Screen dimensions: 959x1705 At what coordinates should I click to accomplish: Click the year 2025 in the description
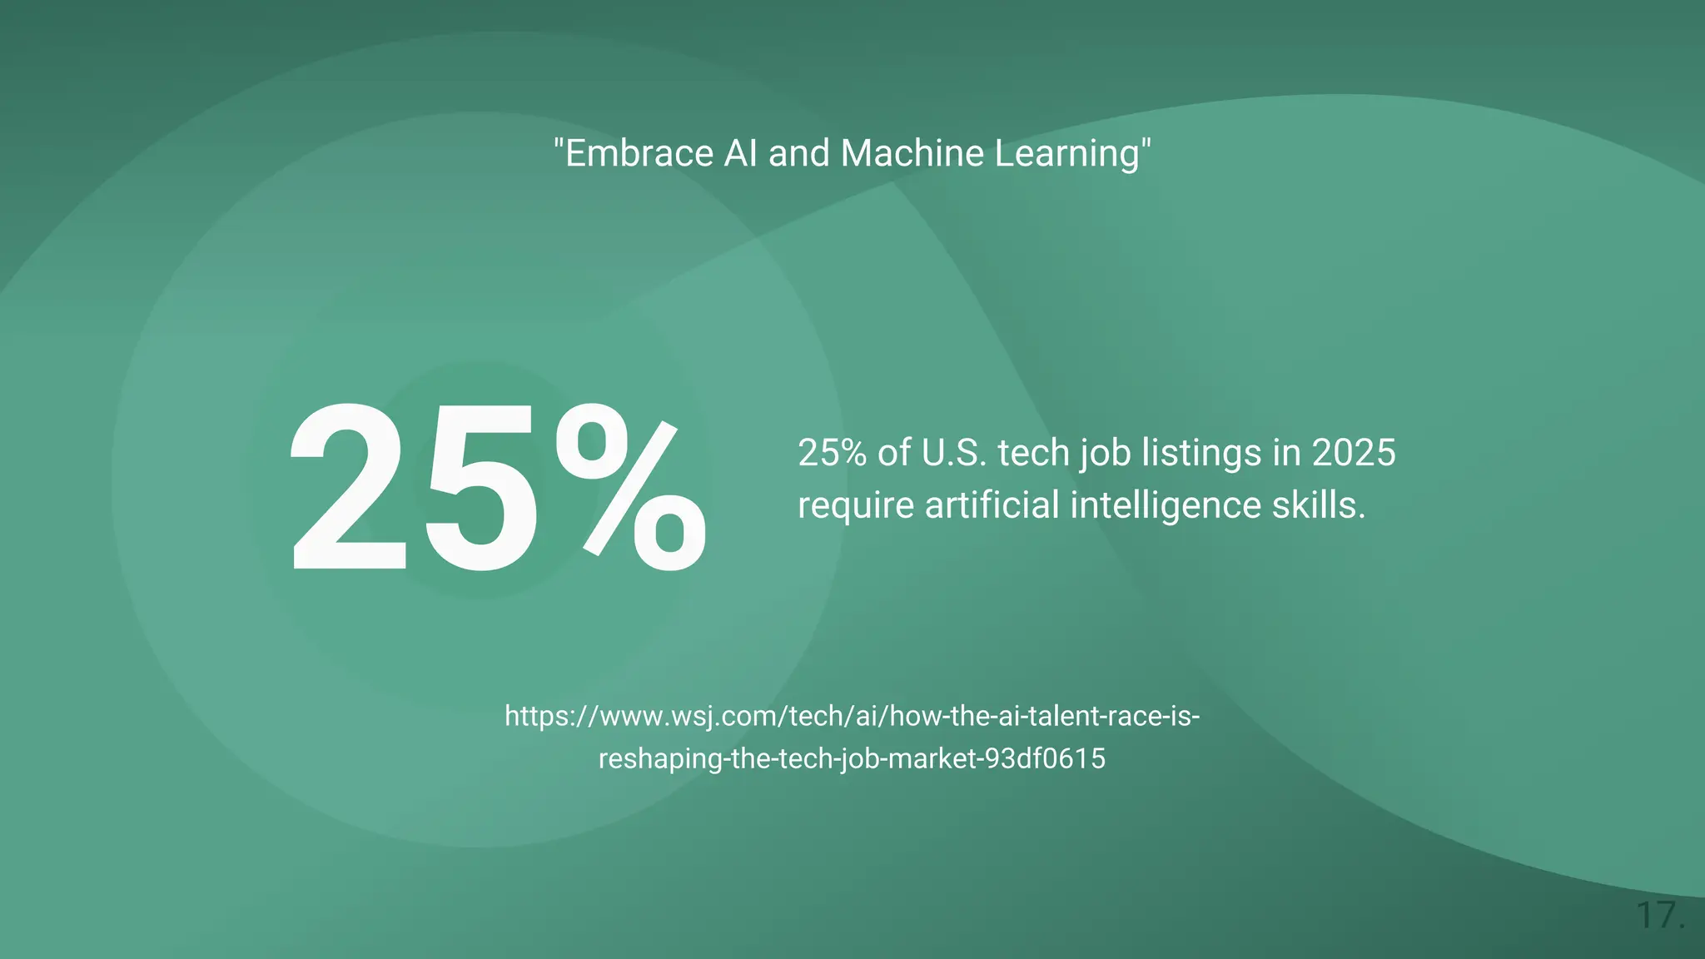coord(1354,453)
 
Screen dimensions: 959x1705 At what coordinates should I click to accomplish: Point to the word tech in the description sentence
coord(1033,453)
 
